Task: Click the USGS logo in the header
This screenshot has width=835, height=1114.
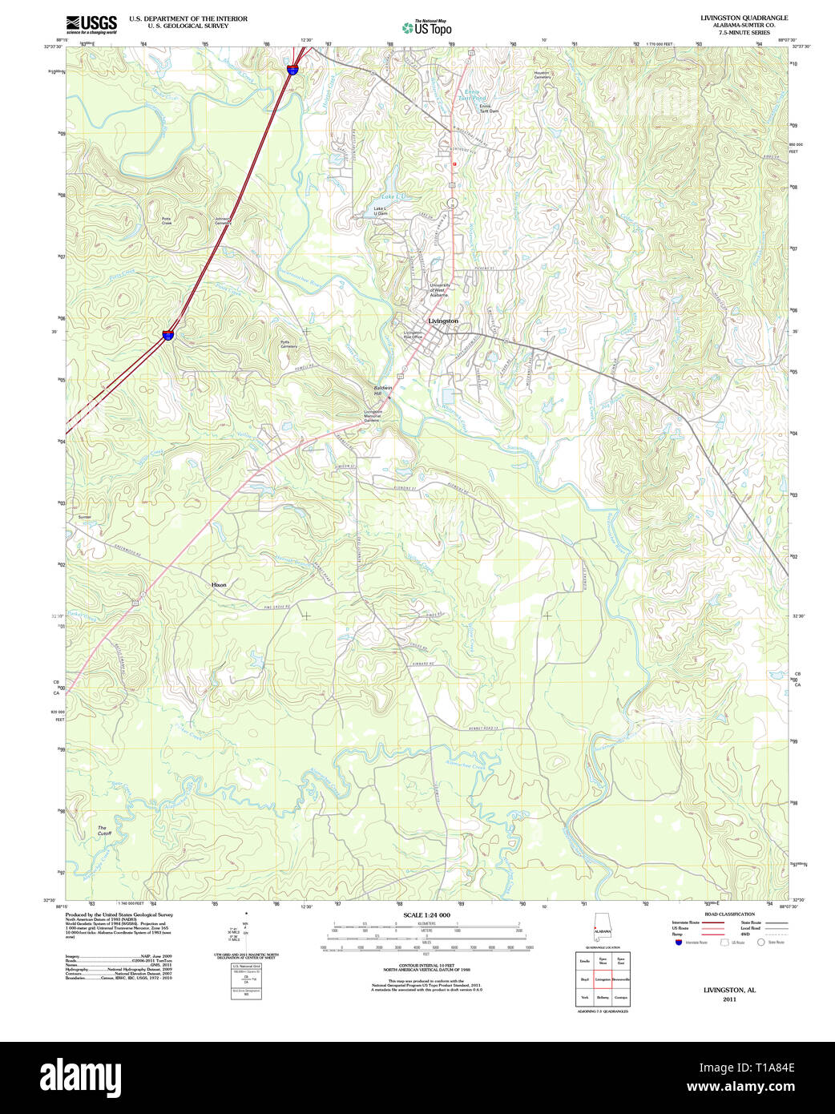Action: click(x=91, y=23)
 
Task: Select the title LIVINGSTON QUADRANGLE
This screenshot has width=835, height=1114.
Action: click(x=744, y=18)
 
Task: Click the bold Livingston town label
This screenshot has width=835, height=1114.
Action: click(x=443, y=321)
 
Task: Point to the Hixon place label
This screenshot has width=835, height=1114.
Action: click(x=219, y=585)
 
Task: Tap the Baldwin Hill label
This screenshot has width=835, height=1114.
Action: click(x=382, y=390)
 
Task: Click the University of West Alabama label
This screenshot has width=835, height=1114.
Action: click(x=439, y=290)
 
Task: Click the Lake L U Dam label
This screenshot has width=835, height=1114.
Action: click(x=380, y=212)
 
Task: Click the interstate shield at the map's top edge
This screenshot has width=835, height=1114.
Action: click(x=293, y=70)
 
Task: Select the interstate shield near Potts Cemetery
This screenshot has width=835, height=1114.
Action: click(x=168, y=334)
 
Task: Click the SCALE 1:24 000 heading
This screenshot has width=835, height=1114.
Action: click(x=426, y=914)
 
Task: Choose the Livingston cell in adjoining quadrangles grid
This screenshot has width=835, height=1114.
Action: click(x=603, y=979)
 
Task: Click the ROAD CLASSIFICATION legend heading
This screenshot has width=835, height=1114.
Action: click(x=729, y=914)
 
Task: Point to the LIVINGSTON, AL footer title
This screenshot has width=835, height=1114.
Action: click(x=729, y=990)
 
